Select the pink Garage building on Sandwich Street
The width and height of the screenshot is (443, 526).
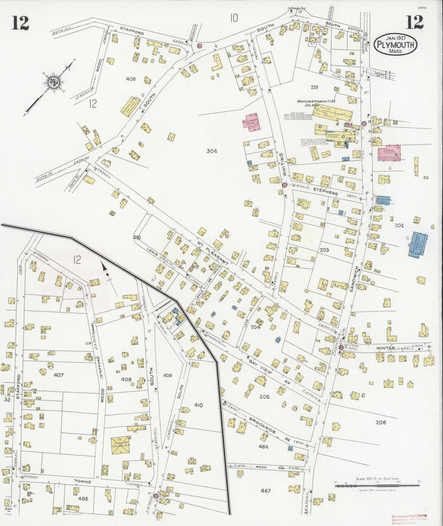(388, 153)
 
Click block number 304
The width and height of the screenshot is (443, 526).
(212, 151)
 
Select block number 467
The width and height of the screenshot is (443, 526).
(265, 491)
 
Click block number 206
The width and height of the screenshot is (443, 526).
(381, 422)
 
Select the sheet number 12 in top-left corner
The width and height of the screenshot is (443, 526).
(20, 23)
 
